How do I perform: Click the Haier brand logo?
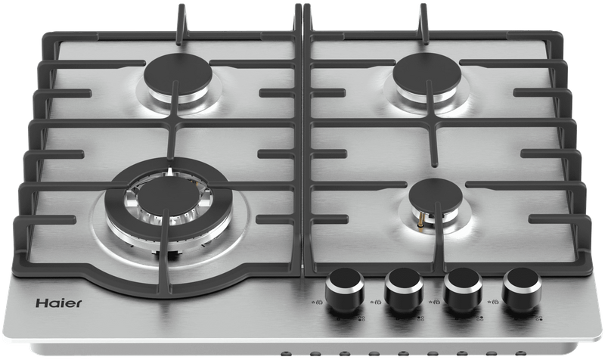click(59, 303)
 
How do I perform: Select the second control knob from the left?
click(404, 288)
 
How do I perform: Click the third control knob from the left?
click(463, 288)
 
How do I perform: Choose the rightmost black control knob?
click(522, 288)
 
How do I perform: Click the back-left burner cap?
click(178, 76)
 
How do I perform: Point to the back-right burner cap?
click(427, 73)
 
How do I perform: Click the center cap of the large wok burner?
click(169, 196)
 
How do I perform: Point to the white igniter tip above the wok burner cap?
click(169, 172)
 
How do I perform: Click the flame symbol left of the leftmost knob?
click(319, 302)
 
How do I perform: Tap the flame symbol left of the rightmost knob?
click(496, 302)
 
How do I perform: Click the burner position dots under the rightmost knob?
click(539, 318)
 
